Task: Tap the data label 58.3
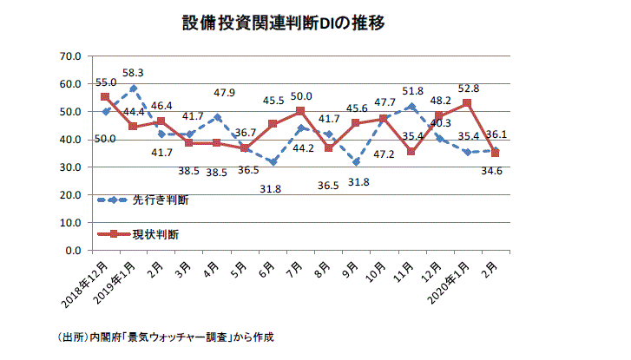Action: (133, 73)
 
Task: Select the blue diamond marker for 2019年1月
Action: (133, 88)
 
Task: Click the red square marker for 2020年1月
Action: (467, 103)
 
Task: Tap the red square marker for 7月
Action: (300, 111)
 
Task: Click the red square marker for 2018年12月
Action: (105, 97)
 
